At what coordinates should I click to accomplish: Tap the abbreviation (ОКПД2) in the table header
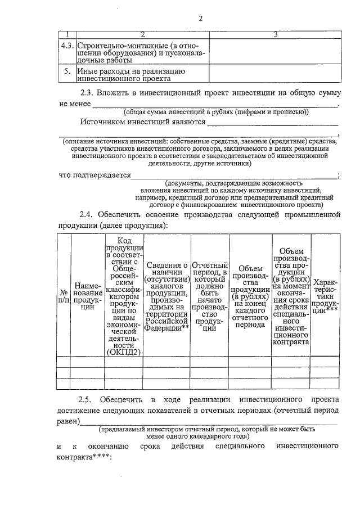[124, 352]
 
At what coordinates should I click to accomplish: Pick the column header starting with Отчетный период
[209, 296]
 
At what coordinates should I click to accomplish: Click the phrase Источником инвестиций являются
[143, 121]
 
